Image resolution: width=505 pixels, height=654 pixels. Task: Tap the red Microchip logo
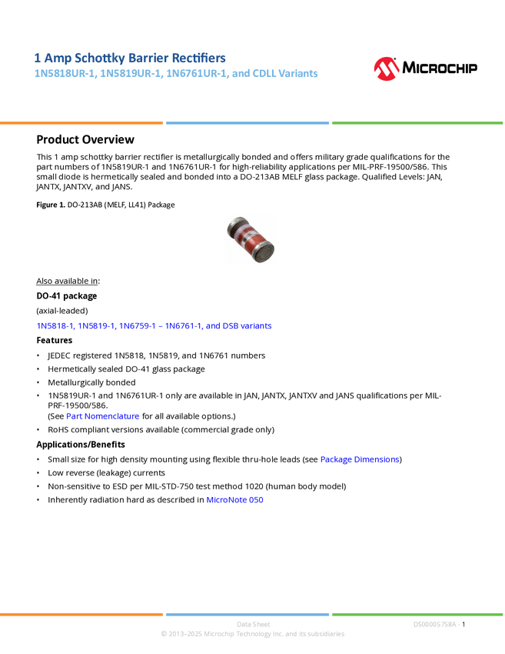(x=386, y=69)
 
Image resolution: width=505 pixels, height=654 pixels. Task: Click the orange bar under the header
(x=81, y=123)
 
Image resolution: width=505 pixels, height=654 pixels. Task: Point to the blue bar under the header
(x=247, y=123)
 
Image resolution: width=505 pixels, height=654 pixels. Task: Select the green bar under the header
(x=417, y=123)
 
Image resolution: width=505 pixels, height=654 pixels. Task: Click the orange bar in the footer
(x=81, y=614)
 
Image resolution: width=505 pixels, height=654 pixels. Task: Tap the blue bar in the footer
(x=247, y=614)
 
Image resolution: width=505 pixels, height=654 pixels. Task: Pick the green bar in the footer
(x=417, y=614)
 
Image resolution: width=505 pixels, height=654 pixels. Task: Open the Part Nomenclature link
(x=103, y=416)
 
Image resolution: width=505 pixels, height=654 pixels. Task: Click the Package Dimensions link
(x=359, y=459)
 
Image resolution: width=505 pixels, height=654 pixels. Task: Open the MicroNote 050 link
(x=236, y=499)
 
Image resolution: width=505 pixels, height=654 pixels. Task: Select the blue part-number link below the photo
(x=154, y=325)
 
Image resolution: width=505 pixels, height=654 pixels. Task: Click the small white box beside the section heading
(x=18, y=139)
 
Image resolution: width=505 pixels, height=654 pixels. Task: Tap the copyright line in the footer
(x=252, y=634)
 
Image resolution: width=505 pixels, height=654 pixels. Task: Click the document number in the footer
(x=436, y=624)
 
